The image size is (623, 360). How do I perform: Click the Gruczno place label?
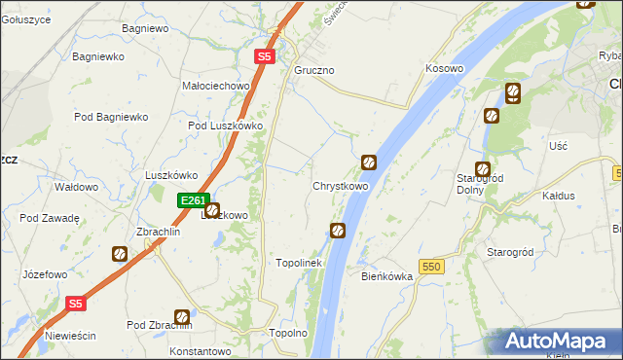pos(314,71)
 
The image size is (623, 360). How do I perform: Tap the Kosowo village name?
pos(444,69)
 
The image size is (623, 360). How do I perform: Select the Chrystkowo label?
pos(340,186)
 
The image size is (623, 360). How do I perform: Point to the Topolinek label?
pos(299,263)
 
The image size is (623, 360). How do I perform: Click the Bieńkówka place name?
pos(387,276)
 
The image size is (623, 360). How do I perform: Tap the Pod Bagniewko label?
pos(110,117)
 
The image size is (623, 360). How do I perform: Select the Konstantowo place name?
pos(200,350)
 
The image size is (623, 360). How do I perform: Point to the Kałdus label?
pos(559,196)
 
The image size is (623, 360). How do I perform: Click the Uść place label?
pos(558,145)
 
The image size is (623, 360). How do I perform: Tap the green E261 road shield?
pos(193,200)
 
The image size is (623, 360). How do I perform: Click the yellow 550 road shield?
pos(432,266)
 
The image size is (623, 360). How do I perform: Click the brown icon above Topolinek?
pos(338,231)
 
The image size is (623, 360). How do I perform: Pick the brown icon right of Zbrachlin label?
pos(120,254)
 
